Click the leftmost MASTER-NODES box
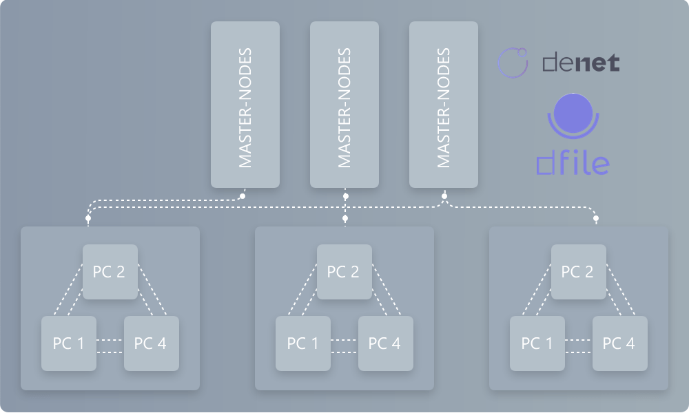pos(245,105)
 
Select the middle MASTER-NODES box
pos(344,105)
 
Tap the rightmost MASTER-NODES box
pos(443,105)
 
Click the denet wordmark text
pos(581,63)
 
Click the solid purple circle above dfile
pos(573,113)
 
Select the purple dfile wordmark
pos(573,163)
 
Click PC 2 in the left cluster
pos(110,272)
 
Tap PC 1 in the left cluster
pos(68,343)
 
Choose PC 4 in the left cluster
pos(151,343)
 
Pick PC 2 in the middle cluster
pos(344,272)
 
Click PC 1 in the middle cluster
pos(302,343)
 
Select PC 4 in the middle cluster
pos(385,343)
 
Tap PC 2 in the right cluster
pos(579,272)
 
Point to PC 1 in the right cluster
pos(537,343)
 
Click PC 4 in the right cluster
pos(619,343)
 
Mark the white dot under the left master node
pos(242,196)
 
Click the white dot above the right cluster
pos(596,218)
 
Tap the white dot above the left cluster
pos(88,218)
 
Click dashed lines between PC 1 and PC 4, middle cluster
pos(344,346)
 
